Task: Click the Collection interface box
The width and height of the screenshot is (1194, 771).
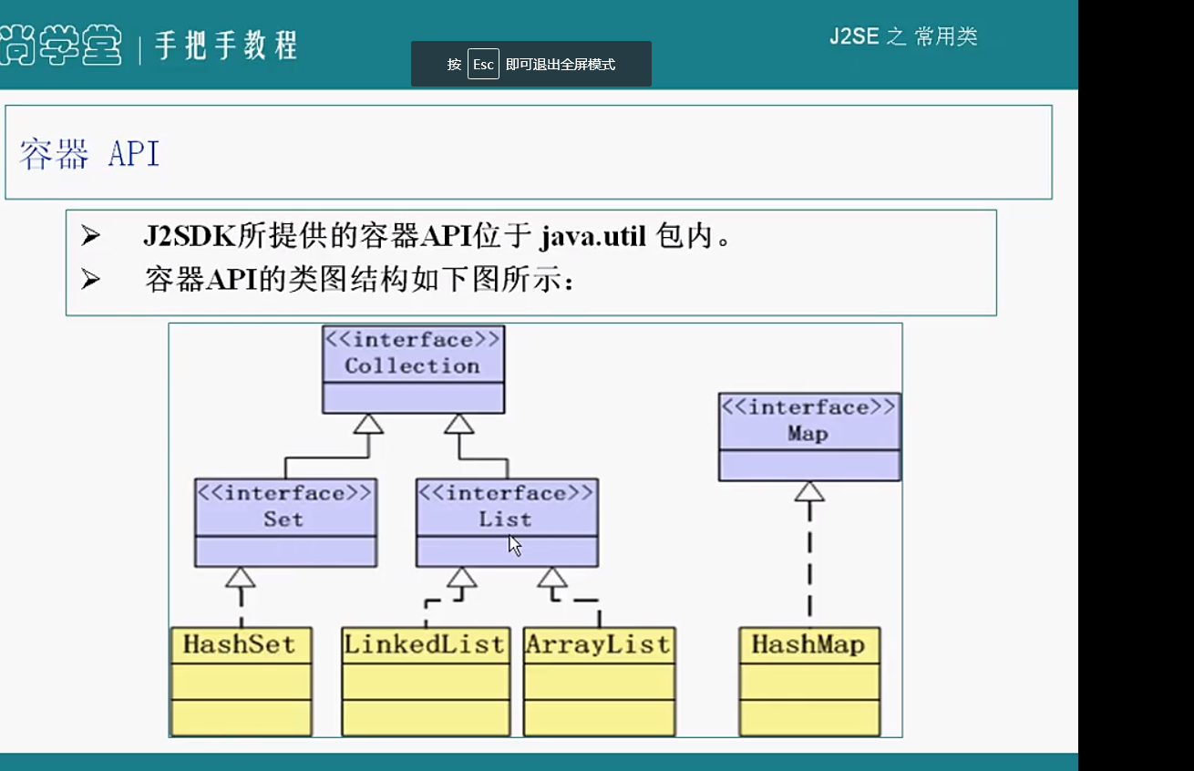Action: [x=413, y=368]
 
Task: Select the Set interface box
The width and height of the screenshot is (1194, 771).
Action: [x=285, y=521]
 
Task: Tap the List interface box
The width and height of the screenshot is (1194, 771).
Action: [x=507, y=521]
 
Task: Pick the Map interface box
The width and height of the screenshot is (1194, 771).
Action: [x=808, y=436]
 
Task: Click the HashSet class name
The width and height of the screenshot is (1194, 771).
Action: [x=240, y=644]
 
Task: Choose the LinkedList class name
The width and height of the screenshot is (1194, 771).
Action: [x=425, y=644]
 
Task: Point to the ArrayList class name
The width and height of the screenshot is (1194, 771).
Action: [x=598, y=644]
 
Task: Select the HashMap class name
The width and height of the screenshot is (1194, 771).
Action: [x=808, y=644]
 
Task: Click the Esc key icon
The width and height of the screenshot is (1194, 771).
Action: [x=483, y=65]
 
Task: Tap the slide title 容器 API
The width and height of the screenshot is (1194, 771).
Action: [x=89, y=154]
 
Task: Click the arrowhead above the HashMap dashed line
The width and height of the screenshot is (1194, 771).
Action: [x=809, y=492]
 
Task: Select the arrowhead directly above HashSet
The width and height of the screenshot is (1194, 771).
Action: [x=241, y=577]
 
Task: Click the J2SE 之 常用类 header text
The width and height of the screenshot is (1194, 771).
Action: [x=903, y=36]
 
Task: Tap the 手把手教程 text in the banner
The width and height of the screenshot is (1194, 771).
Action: [x=226, y=45]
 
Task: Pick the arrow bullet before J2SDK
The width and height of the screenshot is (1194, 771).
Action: [x=90, y=237]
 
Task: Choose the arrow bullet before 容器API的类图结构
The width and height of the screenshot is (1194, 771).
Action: [x=90, y=279]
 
